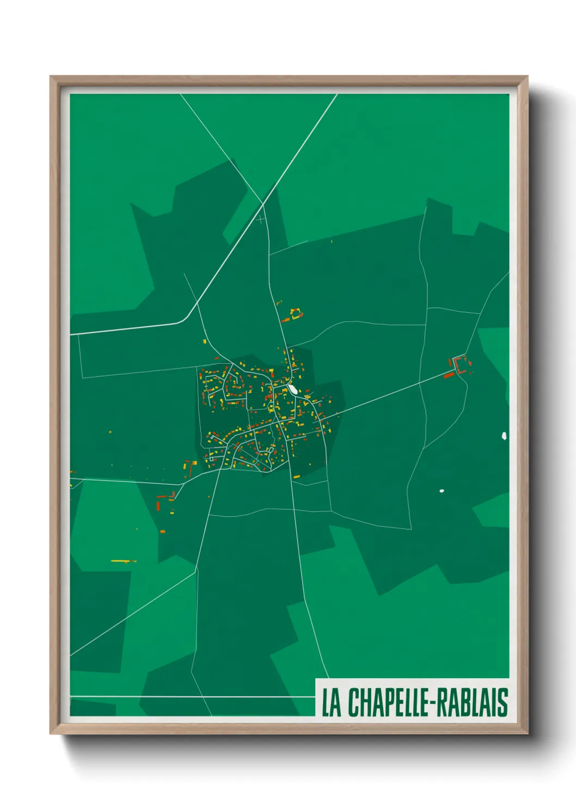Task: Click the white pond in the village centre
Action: pyautogui.click(x=293, y=389)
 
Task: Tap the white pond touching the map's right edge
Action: pyautogui.click(x=504, y=436)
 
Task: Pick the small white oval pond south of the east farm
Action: pyautogui.click(x=442, y=491)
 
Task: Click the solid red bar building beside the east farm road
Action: pyautogui.click(x=449, y=375)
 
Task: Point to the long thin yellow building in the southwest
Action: pyautogui.click(x=123, y=561)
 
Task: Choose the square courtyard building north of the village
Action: pyautogui.click(x=296, y=314)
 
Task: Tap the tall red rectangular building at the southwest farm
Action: pyautogui.click(x=158, y=505)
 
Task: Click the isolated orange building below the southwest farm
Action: pyautogui.click(x=162, y=531)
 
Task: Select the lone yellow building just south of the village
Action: pyautogui.click(x=297, y=477)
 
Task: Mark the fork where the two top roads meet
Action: pyautogui.click(x=264, y=204)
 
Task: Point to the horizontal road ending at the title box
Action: pyautogui.click(x=191, y=696)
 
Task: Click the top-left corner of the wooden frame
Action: pyautogui.click(x=51, y=77)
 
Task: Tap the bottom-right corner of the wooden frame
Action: pyautogui.click(x=527, y=733)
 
